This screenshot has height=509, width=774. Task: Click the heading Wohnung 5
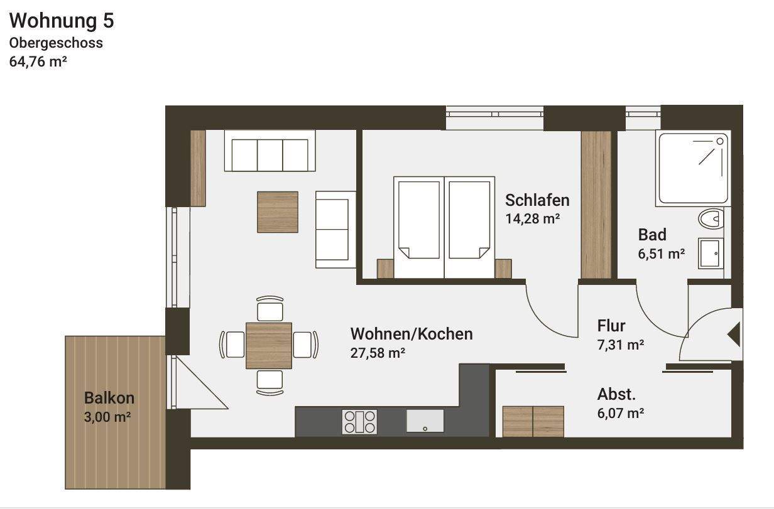pyautogui.click(x=62, y=21)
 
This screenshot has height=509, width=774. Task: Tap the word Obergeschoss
pyautogui.click(x=55, y=43)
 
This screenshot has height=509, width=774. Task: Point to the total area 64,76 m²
pyautogui.click(x=38, y=62)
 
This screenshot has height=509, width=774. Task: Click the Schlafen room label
pyautogui.click(x=537, y=200)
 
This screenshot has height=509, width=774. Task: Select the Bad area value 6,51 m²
pyautogui.click(x=661, y=254)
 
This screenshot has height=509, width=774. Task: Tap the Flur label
pyautogui.click(x=611, y=326)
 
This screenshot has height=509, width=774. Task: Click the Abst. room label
pyautogui.click(x=616, y=395)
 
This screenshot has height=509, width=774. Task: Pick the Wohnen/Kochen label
pyautogui.click(x=411, y=333)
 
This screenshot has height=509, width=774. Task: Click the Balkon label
pyautogui.click(x=109, y=398)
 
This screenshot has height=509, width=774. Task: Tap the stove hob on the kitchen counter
pyautogui.click(x=359, y=422)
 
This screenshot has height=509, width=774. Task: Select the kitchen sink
pyautogui.click(x=425, y=421)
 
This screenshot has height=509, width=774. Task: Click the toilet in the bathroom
pyautogui.click(x=711, y=220)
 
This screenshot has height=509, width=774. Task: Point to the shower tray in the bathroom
pyautogui.click(x=692, y=168)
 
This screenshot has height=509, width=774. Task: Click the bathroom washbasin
pyautogui.click(x=711, y=254)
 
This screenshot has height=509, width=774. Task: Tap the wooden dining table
pyautogui.click(x=269, y=345)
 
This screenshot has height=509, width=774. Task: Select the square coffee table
pyautogui.click(x=277, y=212)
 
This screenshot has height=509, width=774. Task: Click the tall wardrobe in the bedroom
pyautogui.click(x=596, y=205)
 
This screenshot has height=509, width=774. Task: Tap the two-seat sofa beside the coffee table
pyautogui.click(x=335, y=229)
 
